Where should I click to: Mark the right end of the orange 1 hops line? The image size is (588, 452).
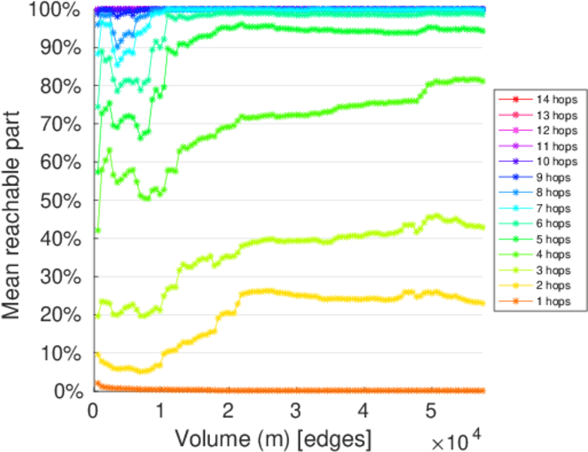click(x=482, y=390)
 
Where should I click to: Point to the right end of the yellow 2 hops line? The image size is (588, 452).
click(x=482, y=303)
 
